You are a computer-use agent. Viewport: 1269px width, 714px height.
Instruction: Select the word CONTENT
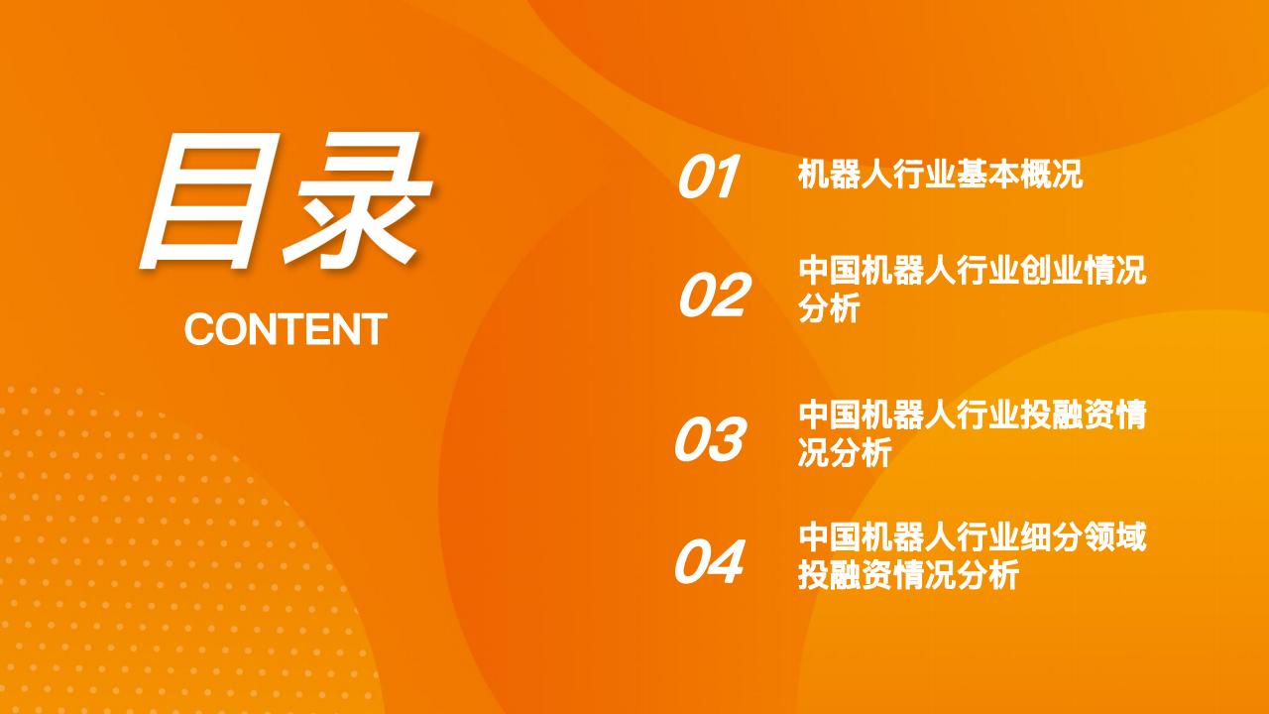(x=286, y=329)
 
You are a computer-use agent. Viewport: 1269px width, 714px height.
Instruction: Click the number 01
(x=708, y=177)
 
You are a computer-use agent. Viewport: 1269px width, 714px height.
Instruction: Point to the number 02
(x=714, y=295)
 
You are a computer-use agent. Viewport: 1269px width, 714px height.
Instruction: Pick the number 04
(x=709, y=561)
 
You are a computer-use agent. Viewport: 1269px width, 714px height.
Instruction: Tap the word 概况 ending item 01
(x=1052, y=174)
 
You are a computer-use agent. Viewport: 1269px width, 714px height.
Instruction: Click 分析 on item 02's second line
(x=830, y=307)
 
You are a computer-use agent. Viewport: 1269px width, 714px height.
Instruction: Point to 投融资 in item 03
(x=1068, y=415)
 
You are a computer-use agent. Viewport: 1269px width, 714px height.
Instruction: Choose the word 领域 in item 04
(x=1115, y=537)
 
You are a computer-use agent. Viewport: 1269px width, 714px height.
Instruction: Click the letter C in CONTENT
(x=199, y=329)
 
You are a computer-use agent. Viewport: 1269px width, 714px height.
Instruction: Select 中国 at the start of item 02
(x=830, y=271)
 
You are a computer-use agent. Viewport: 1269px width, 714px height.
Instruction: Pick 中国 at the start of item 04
(x=830, y=537)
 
